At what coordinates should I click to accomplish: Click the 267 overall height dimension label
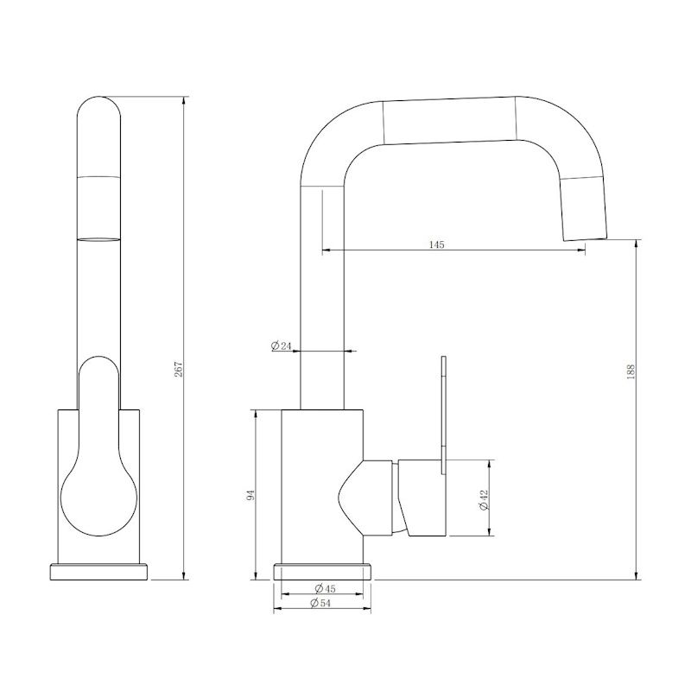(x=178, y=370)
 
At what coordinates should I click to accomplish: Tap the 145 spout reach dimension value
(x=436, y=244)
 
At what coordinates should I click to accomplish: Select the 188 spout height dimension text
(x=631, y=371)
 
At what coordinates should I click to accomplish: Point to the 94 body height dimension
(x=250, y=495)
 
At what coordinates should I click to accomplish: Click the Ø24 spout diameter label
(x=282, y=346)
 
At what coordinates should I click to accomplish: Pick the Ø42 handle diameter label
(x=484, y=500)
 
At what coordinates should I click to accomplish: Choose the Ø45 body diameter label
(x=325, y=588)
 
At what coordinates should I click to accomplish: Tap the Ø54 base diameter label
(x=320, y=603)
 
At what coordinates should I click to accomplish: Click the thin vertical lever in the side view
(x=443, y=415)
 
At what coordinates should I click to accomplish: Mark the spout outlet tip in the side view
(x=586, y=239)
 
